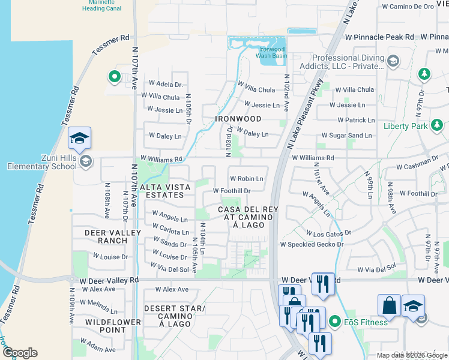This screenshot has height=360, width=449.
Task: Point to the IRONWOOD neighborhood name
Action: (x=238, y=119)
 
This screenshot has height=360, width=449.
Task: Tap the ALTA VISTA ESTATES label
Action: (x=165, y=191)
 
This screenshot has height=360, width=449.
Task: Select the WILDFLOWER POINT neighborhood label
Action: (x=106, y=326)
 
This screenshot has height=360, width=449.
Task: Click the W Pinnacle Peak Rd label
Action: (x=379, y=37)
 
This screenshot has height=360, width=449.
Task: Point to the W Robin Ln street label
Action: (x=247, y=179)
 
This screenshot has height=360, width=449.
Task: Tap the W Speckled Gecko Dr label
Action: (x=312, y=244)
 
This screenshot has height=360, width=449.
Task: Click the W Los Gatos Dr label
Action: (x=328, y=232)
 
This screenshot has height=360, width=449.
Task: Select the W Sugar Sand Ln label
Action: (x=346, y=136)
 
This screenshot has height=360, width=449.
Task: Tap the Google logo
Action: (x=20, y=353)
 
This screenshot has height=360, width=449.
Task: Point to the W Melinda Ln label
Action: (x=97, y=302)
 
